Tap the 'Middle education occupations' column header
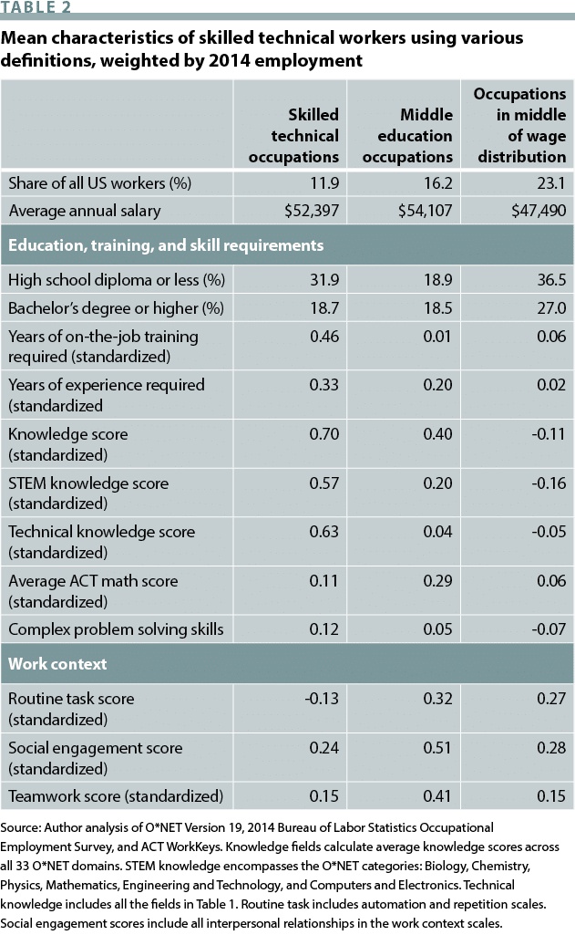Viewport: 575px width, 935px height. coord(407,135)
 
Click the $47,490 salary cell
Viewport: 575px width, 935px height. coord(536,211)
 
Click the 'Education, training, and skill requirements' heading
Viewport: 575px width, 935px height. coord(165,245)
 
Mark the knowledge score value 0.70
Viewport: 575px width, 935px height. coord(323,434)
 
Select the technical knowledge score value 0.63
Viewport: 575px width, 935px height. coord(323,532)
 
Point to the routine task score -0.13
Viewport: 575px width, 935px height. coord(322,699)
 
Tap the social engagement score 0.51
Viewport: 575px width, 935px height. coord(438,748)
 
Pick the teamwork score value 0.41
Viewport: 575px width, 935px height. coord(438,795)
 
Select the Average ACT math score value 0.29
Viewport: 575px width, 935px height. coord(438,581)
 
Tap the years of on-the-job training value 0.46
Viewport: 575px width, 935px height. coord(323,337)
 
